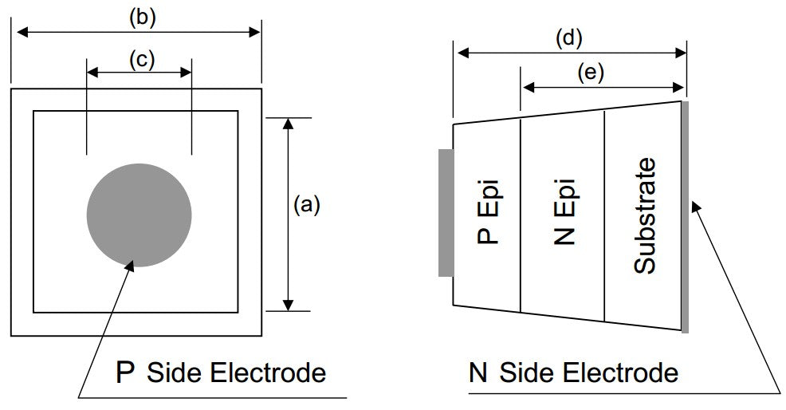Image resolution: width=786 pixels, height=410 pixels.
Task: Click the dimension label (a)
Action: (306, 206)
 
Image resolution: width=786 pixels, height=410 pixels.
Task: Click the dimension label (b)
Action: (141, 18)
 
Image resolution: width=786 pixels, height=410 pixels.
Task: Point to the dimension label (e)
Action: (591, 73)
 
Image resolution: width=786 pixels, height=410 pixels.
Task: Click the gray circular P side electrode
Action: (139, 214)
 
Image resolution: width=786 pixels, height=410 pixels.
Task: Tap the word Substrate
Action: (645, 215)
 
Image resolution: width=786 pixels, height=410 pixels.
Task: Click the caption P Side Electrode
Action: (221, 373)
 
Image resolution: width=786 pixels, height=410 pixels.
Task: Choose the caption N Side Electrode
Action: (574, 373)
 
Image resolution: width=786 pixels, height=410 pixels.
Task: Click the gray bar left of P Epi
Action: (446, 213)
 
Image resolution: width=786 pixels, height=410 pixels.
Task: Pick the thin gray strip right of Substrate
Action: (685, 215)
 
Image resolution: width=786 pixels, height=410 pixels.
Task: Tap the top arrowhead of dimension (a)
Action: (289, 122)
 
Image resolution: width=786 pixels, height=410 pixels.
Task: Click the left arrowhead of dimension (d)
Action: (459, 53)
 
